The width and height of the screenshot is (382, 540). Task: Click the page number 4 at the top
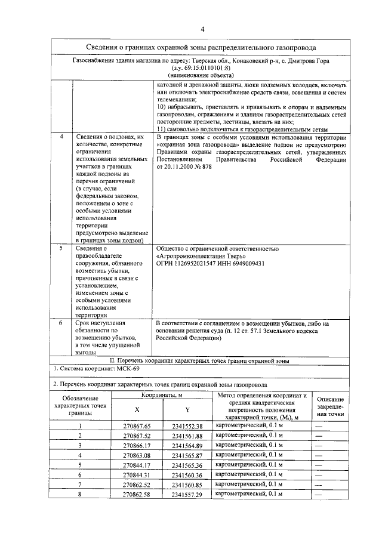pyautogui.click(x=202, y=29)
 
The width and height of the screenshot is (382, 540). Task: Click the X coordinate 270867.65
pyautogui.click(x=138, y=425)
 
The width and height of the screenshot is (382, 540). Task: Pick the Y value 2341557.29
pyautogui.click(x=187, y=495)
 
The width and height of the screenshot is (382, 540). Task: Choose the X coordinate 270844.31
pyautogui.click(x=138, y=475)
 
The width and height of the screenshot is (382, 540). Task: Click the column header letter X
pyautogui.click(x=137, y=409)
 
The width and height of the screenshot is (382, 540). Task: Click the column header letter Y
pyautogui.click(x=187, y=409)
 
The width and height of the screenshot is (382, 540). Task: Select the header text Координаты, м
pyautogui.click(x=162, y=395)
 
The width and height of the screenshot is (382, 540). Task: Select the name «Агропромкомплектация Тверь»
pyautogui.click(x=196, y=255)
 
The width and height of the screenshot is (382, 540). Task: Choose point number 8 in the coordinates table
pyautogui.click(x=79, y=495)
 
